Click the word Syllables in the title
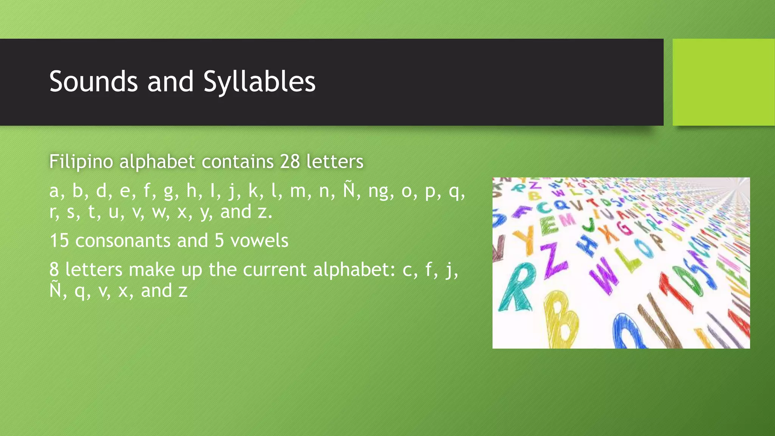(x=259, y=81)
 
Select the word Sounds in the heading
(x=93, y=81)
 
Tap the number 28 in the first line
(x=290, y=162)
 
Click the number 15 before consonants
(x=59, y=241)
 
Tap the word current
(x=274, y=270)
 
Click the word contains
(x=238, y=162)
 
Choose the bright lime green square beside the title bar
(x=724, y=82)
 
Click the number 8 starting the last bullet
(x=54, y=270)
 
